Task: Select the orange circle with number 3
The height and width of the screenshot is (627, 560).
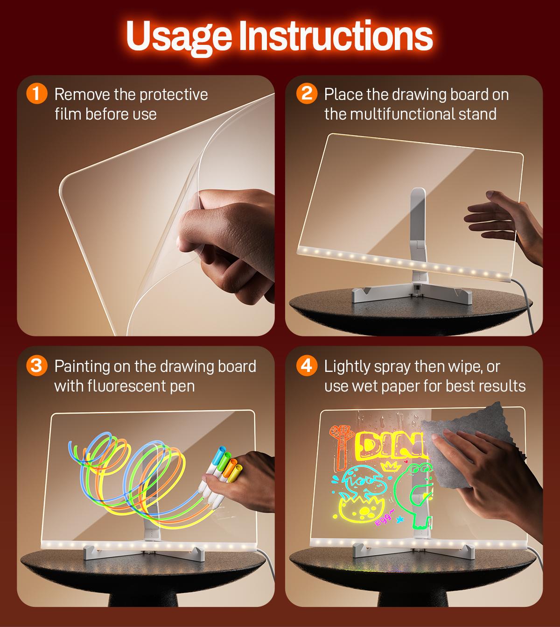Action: [x=37, y=366]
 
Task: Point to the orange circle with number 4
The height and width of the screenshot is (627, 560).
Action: [x=307, y=366]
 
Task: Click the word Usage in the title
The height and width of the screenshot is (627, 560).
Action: [x=179, y=37]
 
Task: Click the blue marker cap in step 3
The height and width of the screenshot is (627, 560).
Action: [x=220, y=454]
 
